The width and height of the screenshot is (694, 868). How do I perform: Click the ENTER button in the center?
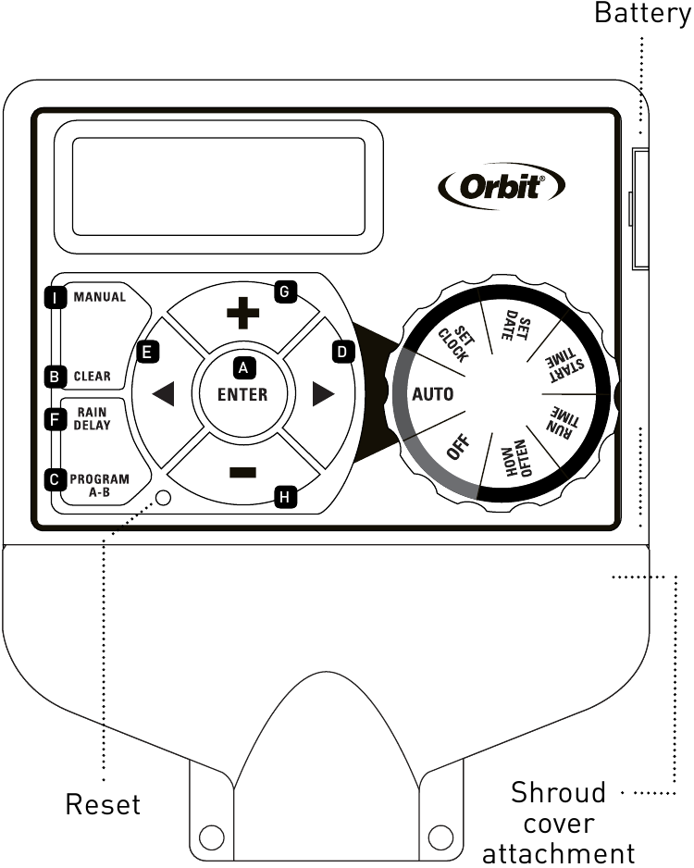242,393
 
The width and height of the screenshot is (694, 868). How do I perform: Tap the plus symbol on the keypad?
243,314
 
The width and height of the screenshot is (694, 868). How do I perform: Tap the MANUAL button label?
99,298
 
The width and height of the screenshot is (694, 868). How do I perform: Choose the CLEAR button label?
92,377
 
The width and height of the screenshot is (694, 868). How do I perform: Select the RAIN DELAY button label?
93,419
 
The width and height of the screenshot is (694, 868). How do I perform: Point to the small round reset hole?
164,498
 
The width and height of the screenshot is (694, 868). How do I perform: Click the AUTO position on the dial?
432,393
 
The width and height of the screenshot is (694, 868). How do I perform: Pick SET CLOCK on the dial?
452,342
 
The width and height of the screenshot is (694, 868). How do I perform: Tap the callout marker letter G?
284,291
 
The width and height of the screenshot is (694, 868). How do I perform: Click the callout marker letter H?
284,497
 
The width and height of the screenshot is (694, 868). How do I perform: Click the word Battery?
641,14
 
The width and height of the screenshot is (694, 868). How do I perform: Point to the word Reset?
103,804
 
